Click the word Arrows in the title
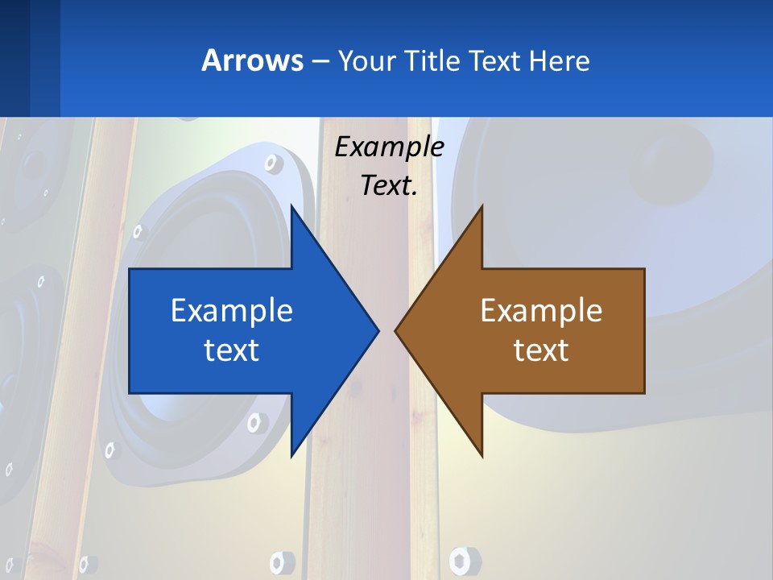click(251, 60)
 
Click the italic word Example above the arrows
click(389, 147)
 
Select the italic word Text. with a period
click(389, 186)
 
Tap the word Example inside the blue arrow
click(232, 310)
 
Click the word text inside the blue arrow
click(232, 350)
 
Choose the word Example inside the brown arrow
click(541, 310)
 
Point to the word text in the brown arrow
click(541, 350)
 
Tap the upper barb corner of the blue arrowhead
click(291, 206)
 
